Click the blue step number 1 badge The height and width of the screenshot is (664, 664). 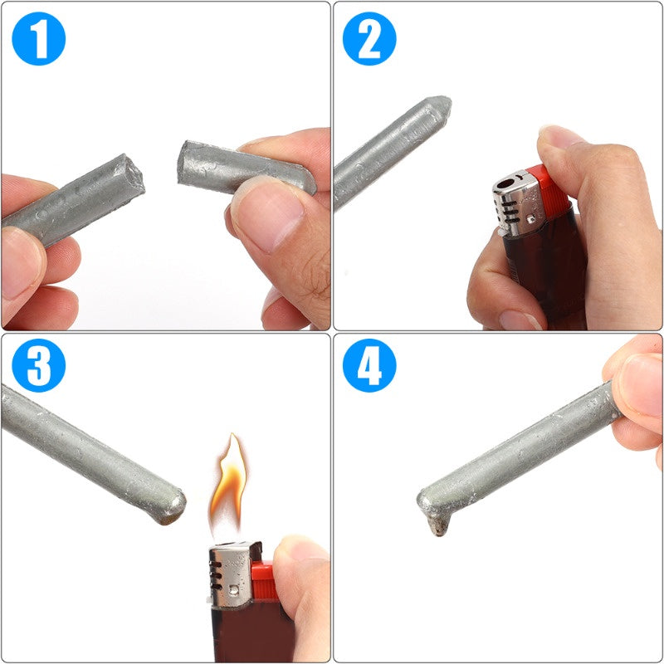click(x=38, y=38)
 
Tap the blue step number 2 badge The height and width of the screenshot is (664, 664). click(x=370, y=38)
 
